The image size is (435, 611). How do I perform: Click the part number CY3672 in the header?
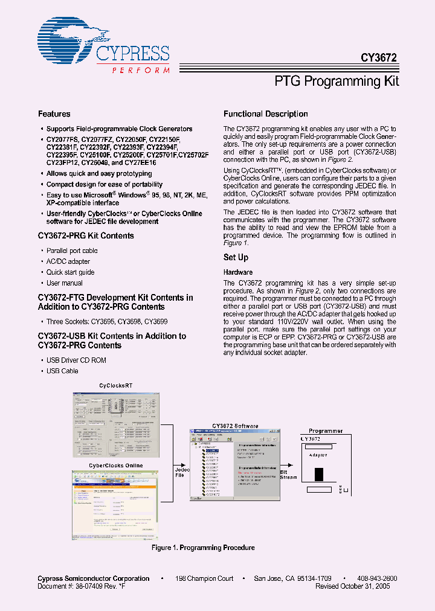tap(379, 58)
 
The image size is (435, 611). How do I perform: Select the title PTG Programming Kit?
tap(337, 82)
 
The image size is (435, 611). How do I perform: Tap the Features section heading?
tap(54, 114)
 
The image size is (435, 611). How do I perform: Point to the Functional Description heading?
tap(266, 114)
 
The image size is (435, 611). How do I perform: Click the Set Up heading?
tap(236, 258)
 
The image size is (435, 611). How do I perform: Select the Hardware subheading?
tap(238, 272)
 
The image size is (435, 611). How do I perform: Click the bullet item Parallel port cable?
tap(72, 251)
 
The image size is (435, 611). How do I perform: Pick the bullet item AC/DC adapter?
tap(68, 261)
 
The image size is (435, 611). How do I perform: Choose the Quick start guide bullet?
tap(71, 272)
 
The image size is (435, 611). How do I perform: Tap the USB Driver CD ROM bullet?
tap(76, 360)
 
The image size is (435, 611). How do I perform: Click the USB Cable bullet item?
tap(63, 371)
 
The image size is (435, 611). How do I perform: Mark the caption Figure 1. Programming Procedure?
tap(202, 548)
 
